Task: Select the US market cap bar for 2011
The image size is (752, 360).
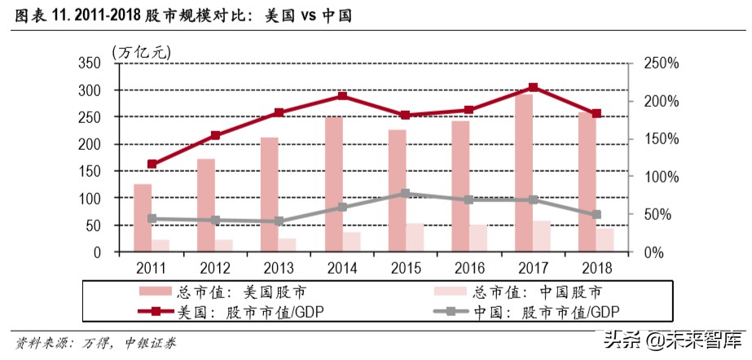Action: click(x=143, y=218)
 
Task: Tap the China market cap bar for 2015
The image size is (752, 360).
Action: click(x=416, y=237)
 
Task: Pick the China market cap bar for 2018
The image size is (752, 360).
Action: click(x=605, y=240)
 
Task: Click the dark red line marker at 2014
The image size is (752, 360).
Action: click(x=342, y=96)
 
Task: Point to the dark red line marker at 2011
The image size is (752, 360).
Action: click(x=152, y=164)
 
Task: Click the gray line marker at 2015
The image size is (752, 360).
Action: click(x=406, y=194)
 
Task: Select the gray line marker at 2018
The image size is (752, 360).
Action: click(x=596, y=215)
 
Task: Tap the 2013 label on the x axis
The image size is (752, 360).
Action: click(x=279, y=267)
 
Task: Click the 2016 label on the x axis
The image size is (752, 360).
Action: click(x=469, y=267)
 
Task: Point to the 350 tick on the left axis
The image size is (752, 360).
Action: click(x=90, y=64)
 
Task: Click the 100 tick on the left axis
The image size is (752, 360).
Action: click(x=90, y=198)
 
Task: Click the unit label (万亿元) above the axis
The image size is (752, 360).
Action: click(x=143, y=50)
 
